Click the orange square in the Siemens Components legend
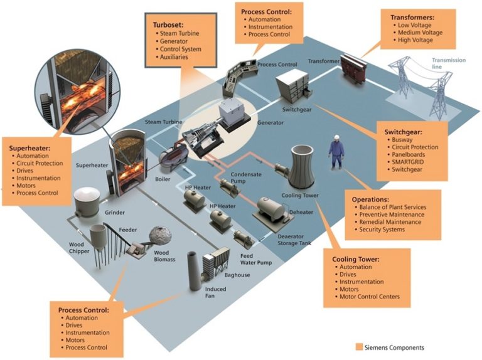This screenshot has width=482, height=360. click(359, 347)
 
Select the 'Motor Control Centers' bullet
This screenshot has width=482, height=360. click(371, 297)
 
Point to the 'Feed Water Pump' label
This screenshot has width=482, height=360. click(256, 258)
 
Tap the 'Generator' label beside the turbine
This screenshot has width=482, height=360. click(272, 123)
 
